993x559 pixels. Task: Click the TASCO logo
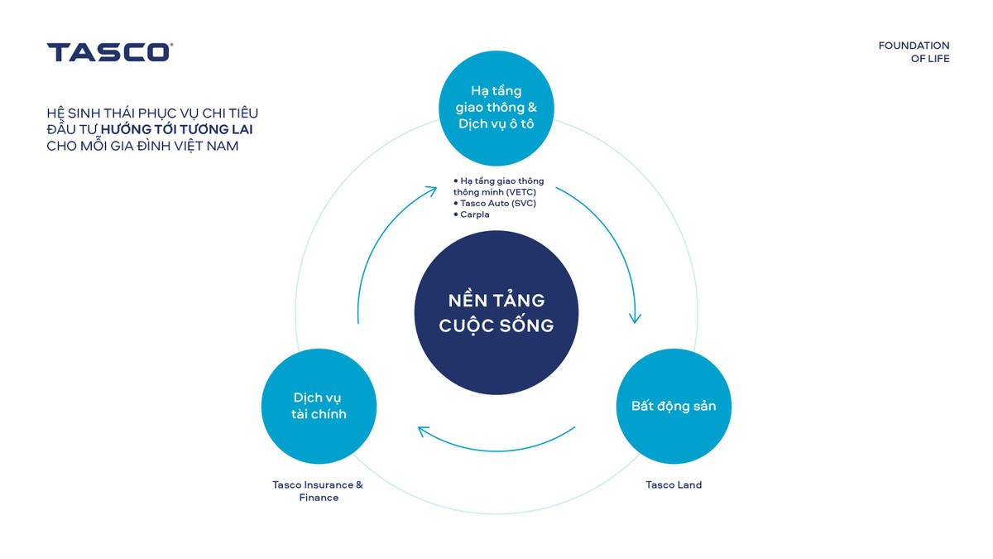tap(109, 52)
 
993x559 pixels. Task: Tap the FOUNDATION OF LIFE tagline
tap(914, 52)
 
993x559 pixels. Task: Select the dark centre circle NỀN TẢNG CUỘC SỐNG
tap(496, 312)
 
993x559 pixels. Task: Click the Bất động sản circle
tap(674, 407)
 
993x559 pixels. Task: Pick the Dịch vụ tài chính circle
tap(319, 406)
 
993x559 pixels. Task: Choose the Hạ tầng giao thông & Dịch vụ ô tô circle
tap(496, 108)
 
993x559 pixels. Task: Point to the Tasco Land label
tap(674, 484)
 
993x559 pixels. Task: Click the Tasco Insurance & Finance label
tap(319, 491)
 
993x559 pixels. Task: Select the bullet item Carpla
tap(475, 214)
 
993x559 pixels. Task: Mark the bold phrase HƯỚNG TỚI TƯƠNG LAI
tap(182, 129)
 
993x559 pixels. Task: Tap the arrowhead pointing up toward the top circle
tap(430, 191)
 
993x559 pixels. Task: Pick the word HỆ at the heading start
tap(55, 113)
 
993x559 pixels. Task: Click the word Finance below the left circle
tap(319, 498)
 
